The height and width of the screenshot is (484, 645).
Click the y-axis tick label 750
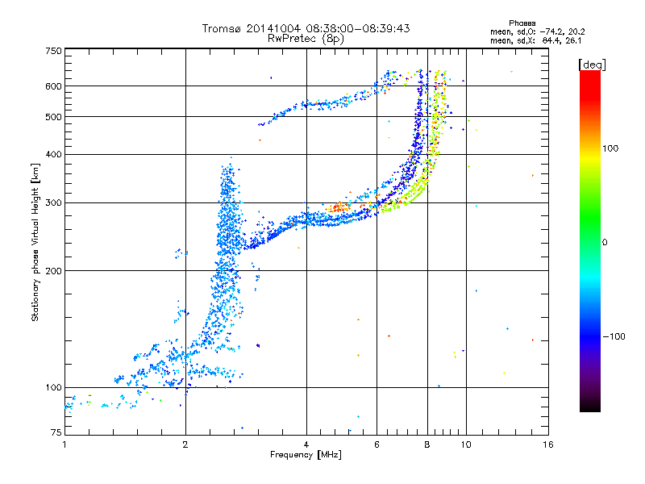(x=53, y=51)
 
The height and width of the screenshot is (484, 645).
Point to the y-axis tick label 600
(x=53, y=86)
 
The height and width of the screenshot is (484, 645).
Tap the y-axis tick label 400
(x=53, y=154)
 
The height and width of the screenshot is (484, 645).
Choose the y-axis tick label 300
(x=53, y=202)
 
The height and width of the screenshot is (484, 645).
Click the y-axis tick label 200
(x=53, y=271)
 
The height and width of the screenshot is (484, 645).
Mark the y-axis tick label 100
(x=53, y=388)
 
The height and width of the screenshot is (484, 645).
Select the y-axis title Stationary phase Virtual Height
(x=35, y=242)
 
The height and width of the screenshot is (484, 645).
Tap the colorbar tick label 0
(x=604, y=242)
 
